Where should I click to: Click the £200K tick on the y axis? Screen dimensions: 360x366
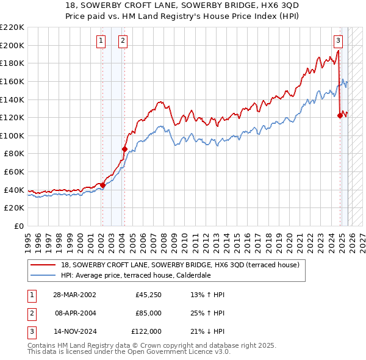point(12,45)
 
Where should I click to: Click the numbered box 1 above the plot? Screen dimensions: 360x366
point(102,41)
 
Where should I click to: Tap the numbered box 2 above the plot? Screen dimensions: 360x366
point(123,41)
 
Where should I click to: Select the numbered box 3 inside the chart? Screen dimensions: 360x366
point(338,41)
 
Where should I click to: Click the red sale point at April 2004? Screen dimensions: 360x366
point(124,149)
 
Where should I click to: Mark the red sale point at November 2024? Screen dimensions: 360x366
point(340,115)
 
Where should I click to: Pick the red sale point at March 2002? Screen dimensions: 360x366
point(102,185)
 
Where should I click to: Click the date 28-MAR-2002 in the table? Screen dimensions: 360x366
point(74,295)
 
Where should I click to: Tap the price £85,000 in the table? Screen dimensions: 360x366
point(149,313)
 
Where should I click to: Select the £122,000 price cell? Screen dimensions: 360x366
point(148,331)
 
